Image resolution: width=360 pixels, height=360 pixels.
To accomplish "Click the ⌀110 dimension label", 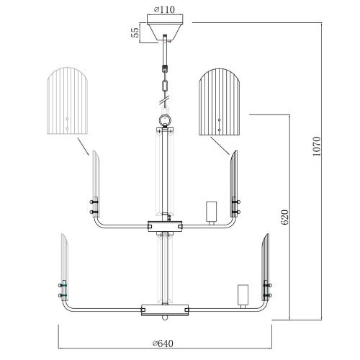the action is click(x=164, y=9).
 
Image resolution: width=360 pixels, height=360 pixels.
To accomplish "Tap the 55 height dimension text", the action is click(x=135, y=32).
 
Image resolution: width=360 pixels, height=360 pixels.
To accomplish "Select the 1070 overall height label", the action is click(x=317, y=146).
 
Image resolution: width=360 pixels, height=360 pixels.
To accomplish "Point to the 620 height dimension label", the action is click(x=284, y=217).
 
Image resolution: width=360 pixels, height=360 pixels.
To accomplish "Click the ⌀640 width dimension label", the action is click(x=163, y=343).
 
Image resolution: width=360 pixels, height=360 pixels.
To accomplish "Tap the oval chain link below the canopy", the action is click(x=165, y=86).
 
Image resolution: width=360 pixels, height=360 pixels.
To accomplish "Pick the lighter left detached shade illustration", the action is click(x=67, y=101).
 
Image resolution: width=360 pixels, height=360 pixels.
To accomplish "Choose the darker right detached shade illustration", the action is click(x=220, y=102).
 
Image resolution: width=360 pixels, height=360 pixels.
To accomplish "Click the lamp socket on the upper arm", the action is click(x=211, y=212).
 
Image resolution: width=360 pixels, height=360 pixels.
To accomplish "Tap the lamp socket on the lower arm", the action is click(x=243, y=296).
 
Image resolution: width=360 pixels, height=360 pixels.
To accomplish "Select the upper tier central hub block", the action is click(x=165, y=226).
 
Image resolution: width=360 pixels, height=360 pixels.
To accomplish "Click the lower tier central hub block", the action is click(x=165, y=310).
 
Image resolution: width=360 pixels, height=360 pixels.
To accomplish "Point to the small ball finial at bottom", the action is click(x=165, y=318).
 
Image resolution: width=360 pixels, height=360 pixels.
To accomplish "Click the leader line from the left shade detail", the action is click(x=83, y=146).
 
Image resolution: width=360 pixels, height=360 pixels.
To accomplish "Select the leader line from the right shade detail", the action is click(x=220, y=145).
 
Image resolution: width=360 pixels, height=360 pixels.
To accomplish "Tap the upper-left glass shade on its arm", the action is click(x=96, y=184).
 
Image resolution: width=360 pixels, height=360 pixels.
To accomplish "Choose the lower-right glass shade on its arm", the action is click(x=266, y=267).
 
